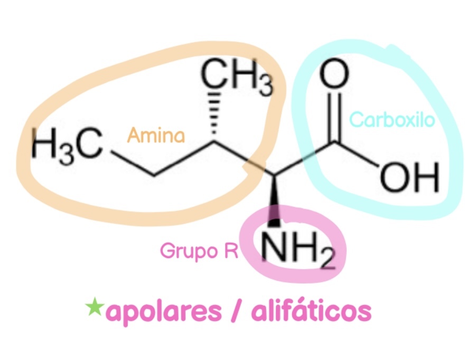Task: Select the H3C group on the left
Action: pyautogui.click(x=67, y=145)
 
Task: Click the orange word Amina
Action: pyautogui.click(x=156, y=135)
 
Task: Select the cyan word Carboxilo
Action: pyautogui.click(x=392, y=119)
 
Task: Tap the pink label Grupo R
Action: pyautogui.click(x=199, y=252)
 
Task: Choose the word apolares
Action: pyautogui.click(x=164, y=311)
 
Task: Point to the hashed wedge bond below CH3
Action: pyautogui.click(x=214, y=113)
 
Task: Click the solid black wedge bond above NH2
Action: pyautogui.click(x=274, y=201)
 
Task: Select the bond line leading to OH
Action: pyautogui.click(x=357, y=154)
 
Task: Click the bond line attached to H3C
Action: pyautogui.click(x=131, y=162)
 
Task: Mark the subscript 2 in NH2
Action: pyautogui.click(x=328, y=260)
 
